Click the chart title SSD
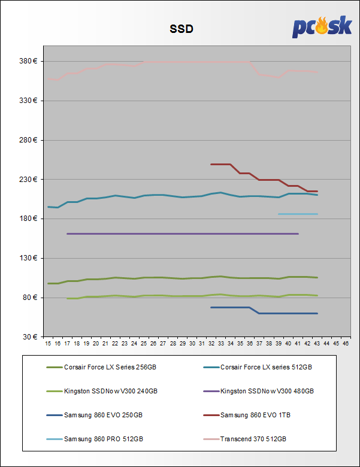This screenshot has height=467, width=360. click(180, 29)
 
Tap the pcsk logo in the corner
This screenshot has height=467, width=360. click(322, 28)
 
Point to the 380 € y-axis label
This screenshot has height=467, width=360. click(28, 61)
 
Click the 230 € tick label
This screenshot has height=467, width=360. click(28, 179)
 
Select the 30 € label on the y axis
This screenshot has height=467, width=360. click(30, 336)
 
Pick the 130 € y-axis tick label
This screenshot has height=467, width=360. click(28, 258)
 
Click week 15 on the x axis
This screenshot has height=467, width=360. click(48, 344)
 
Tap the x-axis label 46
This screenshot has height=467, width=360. click(346, 344)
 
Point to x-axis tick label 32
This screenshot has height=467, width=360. click(211, 344)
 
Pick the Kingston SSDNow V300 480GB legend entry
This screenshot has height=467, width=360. click(267, 391)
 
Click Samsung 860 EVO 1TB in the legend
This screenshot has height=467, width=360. click(256, 415)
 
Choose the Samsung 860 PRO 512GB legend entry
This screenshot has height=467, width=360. click(103, 439)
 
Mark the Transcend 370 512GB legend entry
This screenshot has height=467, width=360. click(253, 439)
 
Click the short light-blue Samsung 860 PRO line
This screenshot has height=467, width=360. click(298, 214)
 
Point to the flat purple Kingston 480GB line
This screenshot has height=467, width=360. click(180, 233)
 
